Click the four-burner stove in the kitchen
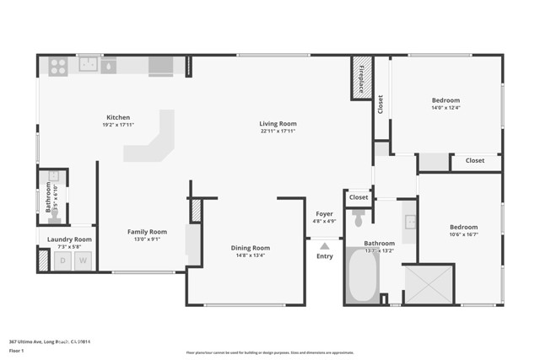[x=57, y=65]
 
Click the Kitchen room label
[x=117, y=117]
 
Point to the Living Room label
[x=278, y=124]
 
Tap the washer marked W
[x=83, y=261]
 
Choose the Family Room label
[x=147, y=232]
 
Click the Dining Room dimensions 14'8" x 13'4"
[x=251, y=256]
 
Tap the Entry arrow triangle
[x=324, y=246]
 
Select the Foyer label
[x=325, y=214]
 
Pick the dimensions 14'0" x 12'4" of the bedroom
[x=445, y=107]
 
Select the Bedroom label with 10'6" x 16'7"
[x=463, y=227]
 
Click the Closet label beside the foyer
[x=359, y=197]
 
